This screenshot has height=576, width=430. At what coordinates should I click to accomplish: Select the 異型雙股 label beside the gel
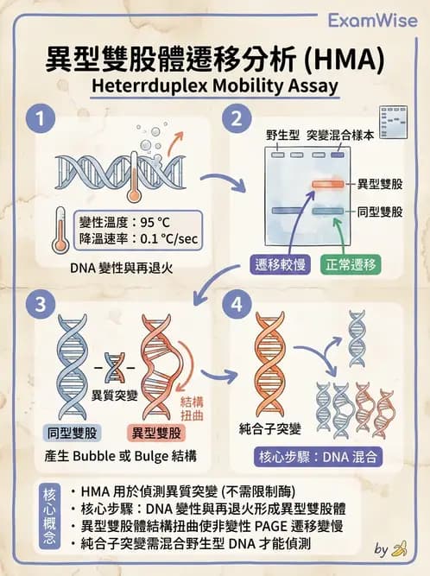[382, 185]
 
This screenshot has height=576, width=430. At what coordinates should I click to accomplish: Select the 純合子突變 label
[268, 427]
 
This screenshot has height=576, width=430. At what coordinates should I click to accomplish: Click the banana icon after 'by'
[398, 548]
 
